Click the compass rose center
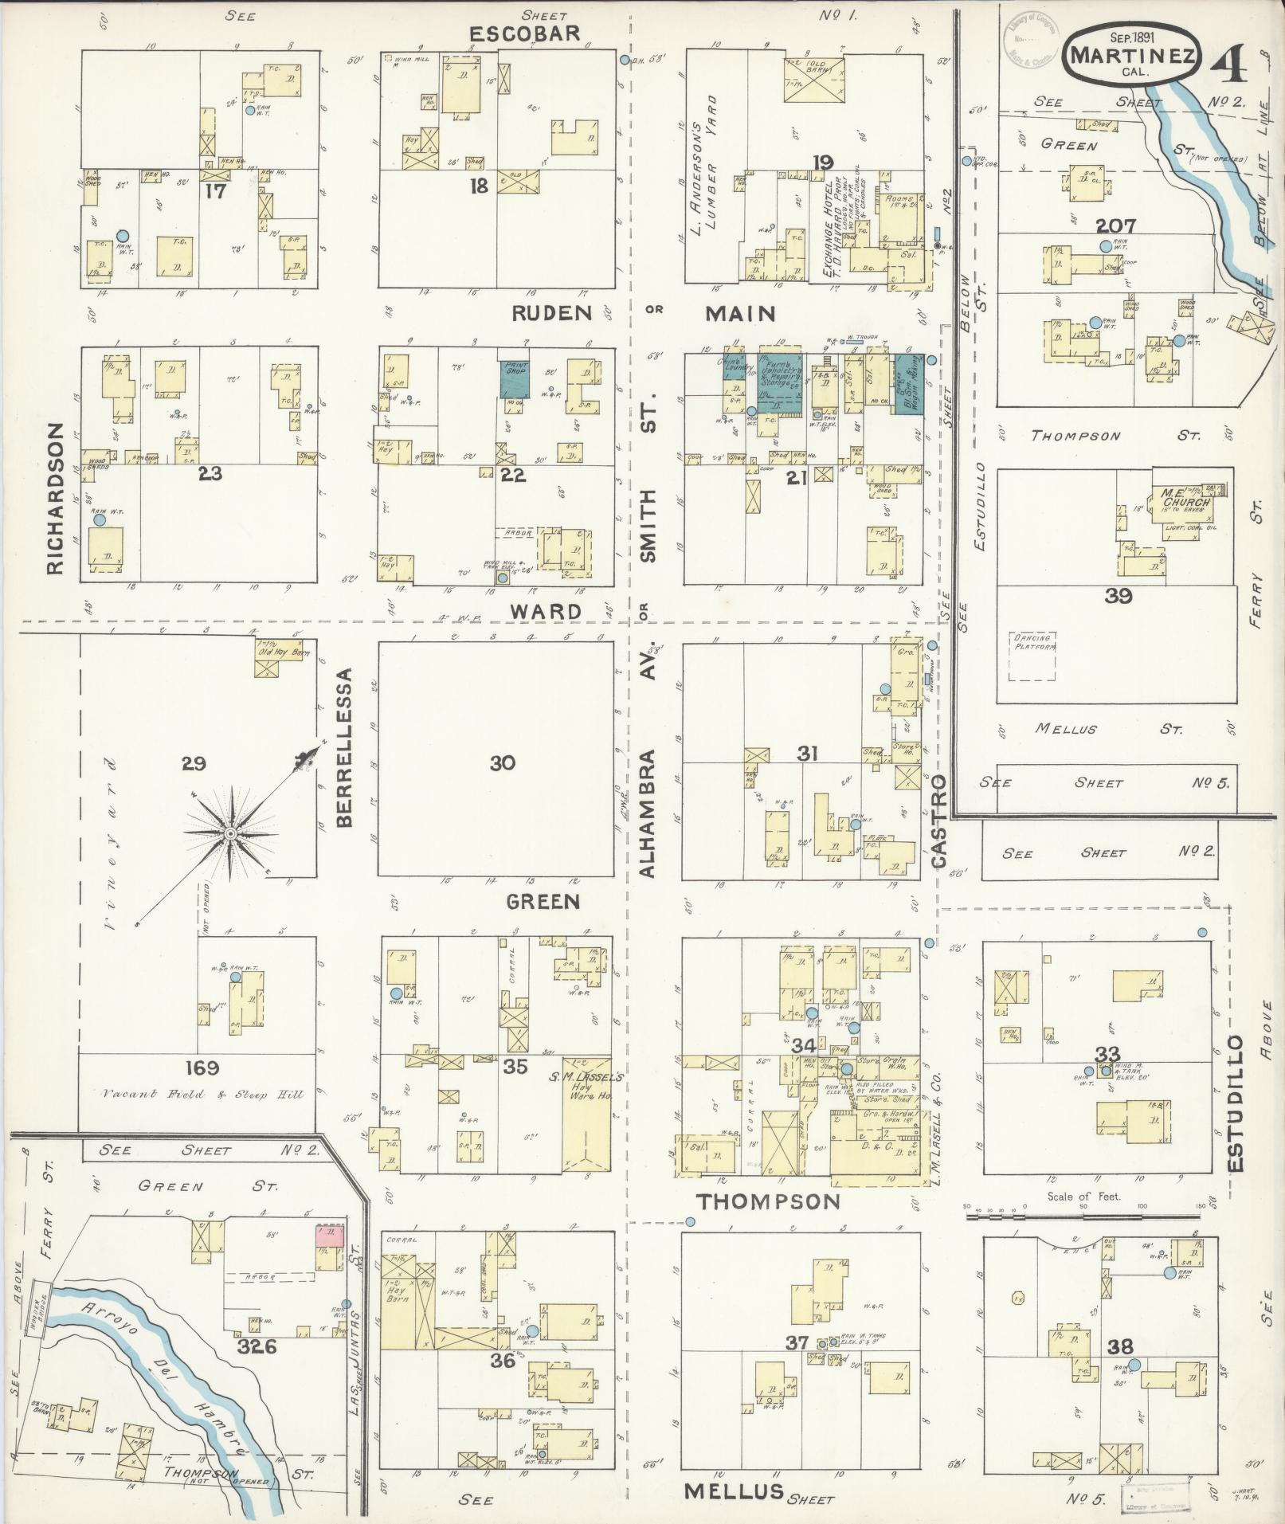click(x=229, y=833)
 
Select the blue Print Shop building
click(x=516, y=379)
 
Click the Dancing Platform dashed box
click(x=1033, y=656)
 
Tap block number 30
click(x=502, y=763)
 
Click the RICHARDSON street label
click(x=54, y=499)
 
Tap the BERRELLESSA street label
click(x=345, y=746)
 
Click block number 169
click(x=201, y=1068)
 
